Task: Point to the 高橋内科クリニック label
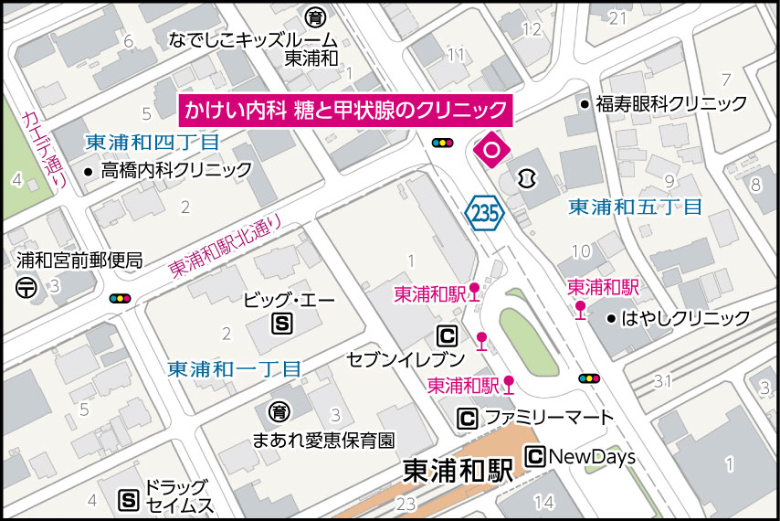pyautogui.click(x=176, y=170)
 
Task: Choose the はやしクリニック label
pyautogui.click(x=685, y=318)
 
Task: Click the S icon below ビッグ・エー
pyautogui.click(x=282, y=323)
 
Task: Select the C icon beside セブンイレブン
pyautogui.click(x=448, y=336)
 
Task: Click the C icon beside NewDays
pyautogui.click(x=534, y=456)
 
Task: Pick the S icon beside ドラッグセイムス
pyautogui.click(x=129, y=500)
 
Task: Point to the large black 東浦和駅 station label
pyautogui.click(x=459, y=472)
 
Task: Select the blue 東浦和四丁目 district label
pyautogui.click(x=153, y=143)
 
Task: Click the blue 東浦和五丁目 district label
pyautogui.click(x=635, y=207)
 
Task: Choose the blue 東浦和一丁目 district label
pyautogui.click(x=234, y=369)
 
